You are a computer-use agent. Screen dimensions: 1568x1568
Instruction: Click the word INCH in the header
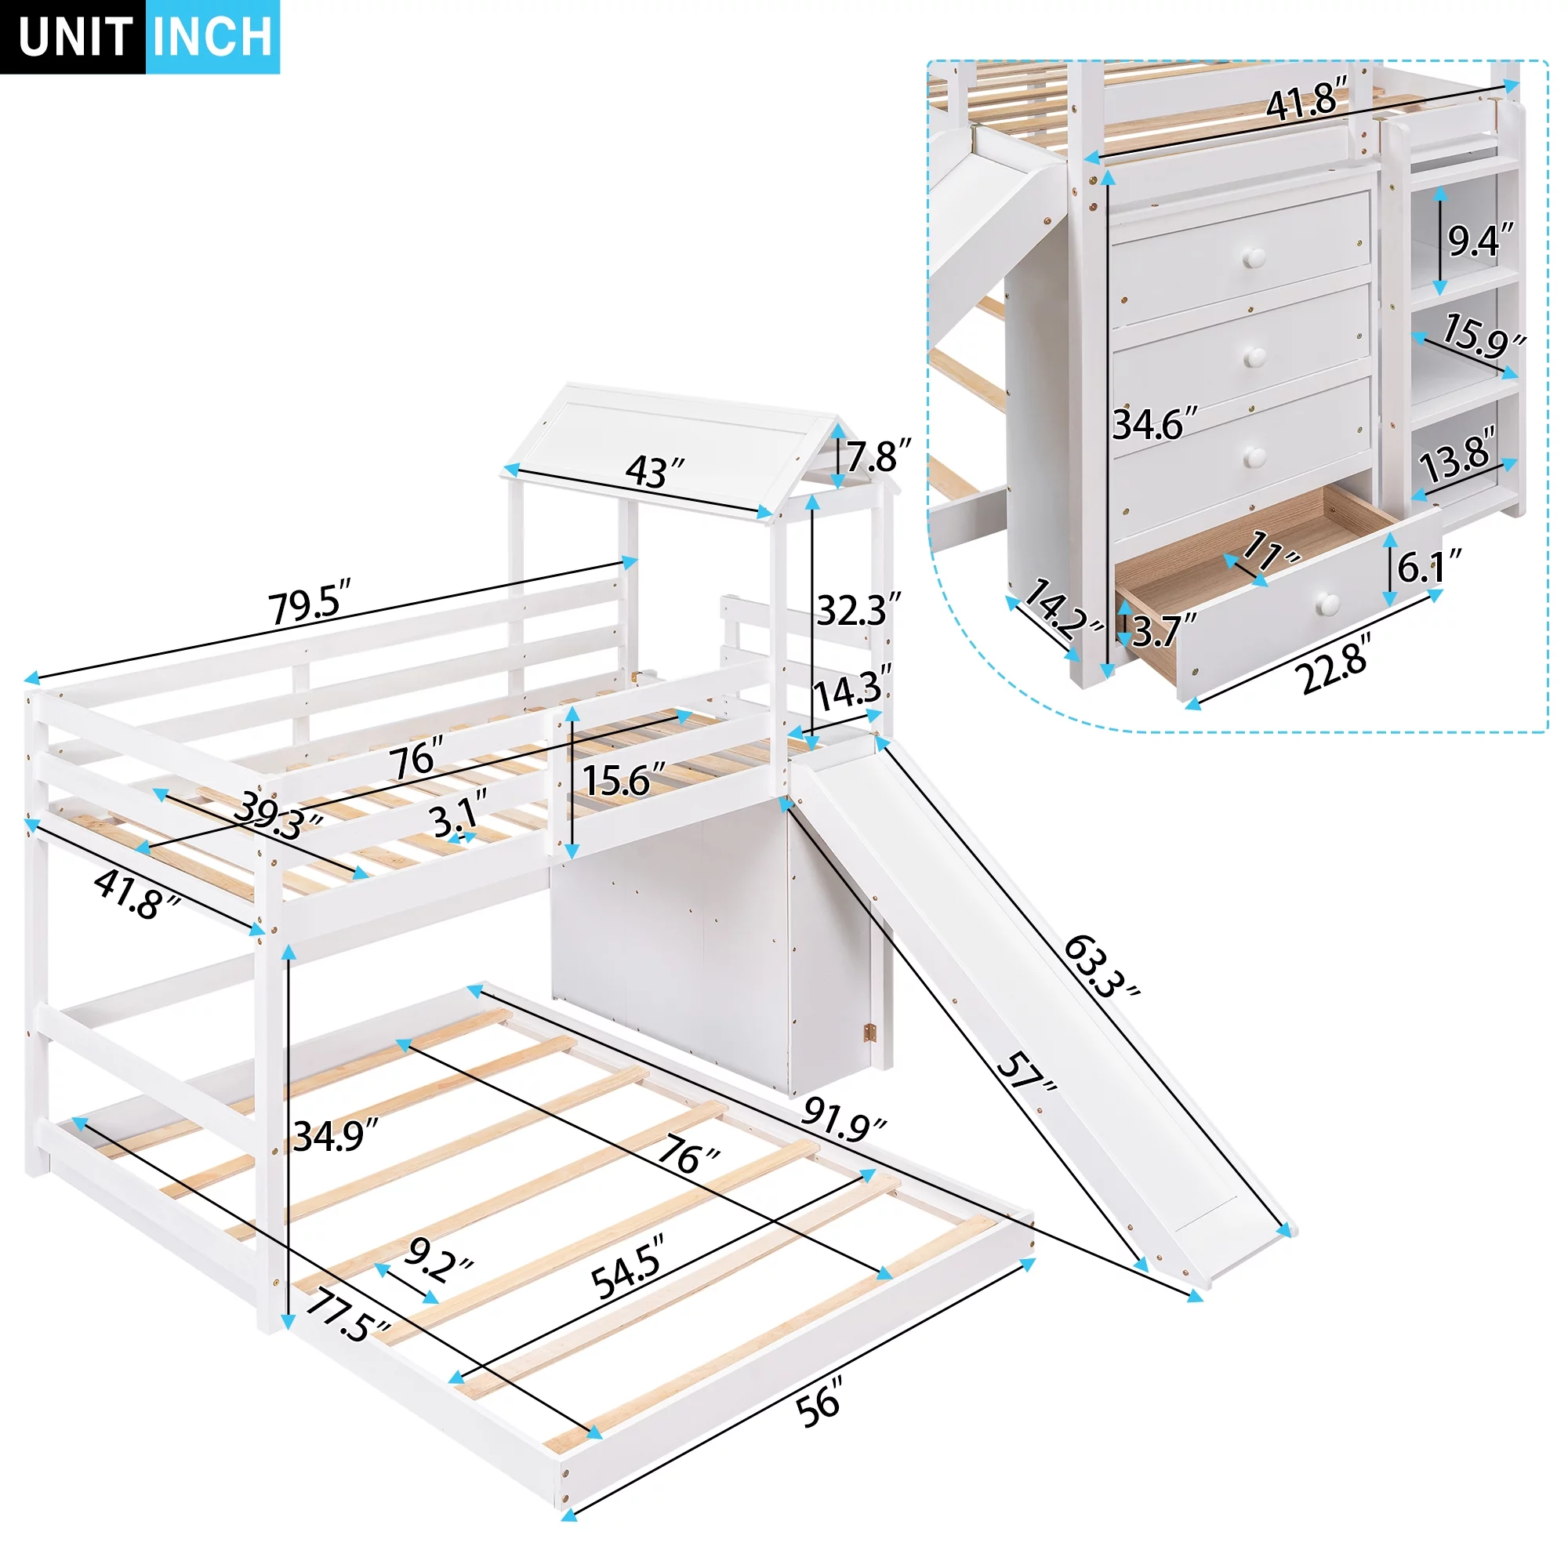click(212, 37)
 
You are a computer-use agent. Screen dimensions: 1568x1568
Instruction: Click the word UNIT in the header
click(74, 37)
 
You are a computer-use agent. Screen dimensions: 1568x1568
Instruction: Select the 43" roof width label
click(655, 470)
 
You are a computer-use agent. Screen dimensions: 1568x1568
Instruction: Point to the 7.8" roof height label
click(879, 456)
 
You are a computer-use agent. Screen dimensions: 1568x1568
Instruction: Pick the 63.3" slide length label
click(1102, 965)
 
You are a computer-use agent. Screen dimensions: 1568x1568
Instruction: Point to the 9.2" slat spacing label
click(438, 1259)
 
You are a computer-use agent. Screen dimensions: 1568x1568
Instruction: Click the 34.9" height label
click(336, 1135)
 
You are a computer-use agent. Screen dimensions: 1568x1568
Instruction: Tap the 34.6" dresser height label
click(1155, 423)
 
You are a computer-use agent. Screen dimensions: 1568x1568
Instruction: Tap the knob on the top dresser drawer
click(1254, 260)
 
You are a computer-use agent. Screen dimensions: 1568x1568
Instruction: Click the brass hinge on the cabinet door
click(870, 1033)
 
